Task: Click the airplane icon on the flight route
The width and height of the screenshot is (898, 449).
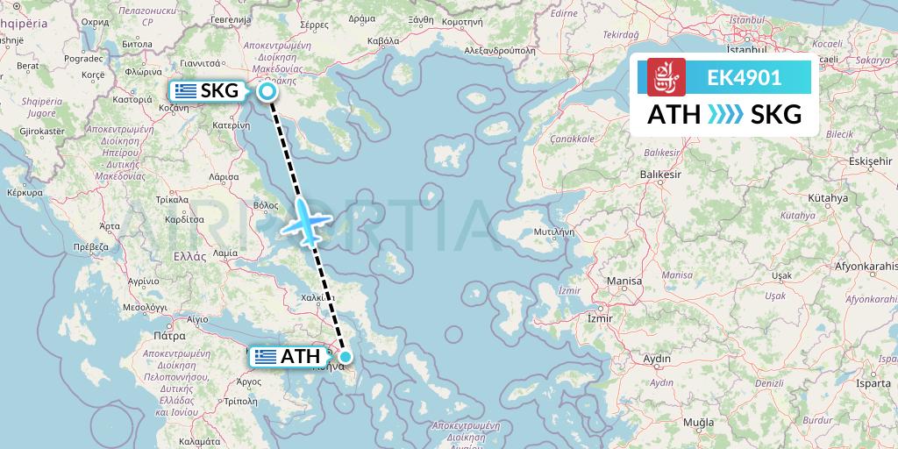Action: (x=304, y=221)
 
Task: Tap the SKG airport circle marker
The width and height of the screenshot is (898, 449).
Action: (x=267, y=91)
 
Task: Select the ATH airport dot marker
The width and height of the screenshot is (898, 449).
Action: (x=346, y=356)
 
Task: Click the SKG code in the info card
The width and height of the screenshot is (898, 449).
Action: (x=776, y=115)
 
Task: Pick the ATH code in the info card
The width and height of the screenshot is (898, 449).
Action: (x=673, y=115)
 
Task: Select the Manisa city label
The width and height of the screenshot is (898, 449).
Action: (x=624, y=281)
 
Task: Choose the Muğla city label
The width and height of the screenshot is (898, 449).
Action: (x=698, y=423)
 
